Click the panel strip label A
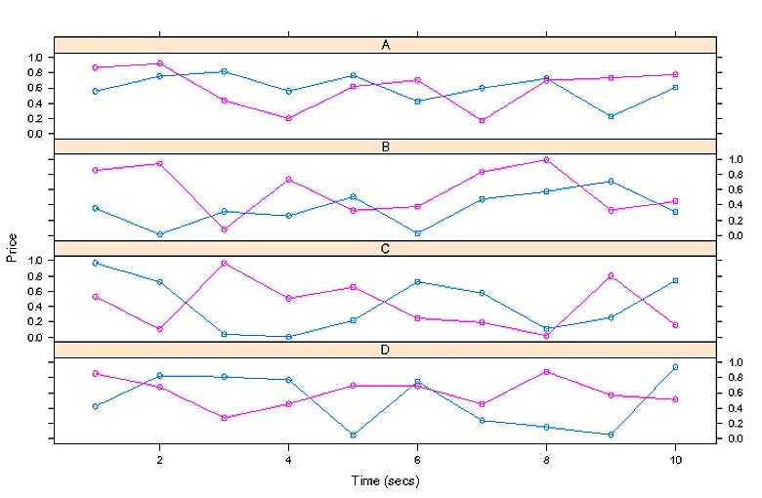386,45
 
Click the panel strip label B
386,146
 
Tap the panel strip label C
386,248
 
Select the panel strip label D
386,350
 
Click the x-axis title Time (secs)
386,480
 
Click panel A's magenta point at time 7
482,120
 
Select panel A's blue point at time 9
611,116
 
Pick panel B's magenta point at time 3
224,229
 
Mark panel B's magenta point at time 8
546,159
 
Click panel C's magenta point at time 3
224,263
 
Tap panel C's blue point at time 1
95,263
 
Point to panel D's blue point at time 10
674,367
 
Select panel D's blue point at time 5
353,435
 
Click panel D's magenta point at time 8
546,372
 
